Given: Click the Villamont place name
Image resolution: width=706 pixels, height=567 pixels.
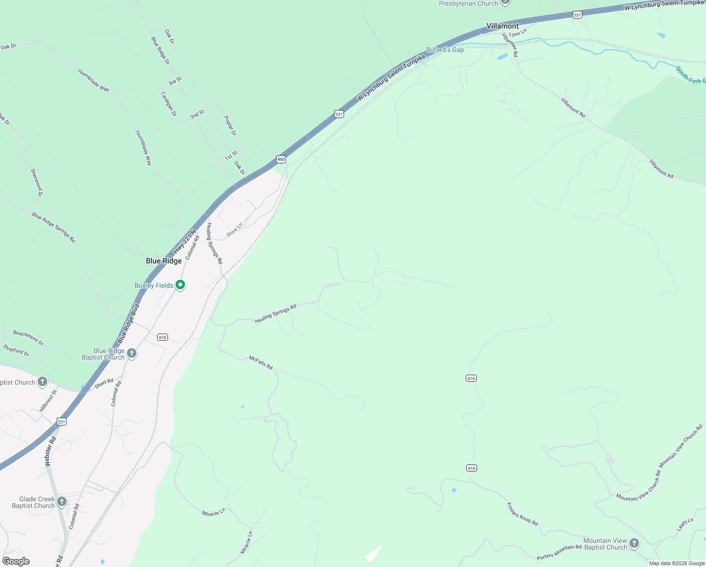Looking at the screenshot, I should [x=503, y=26].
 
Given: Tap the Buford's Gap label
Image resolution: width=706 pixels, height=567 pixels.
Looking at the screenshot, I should [x=445, y=50].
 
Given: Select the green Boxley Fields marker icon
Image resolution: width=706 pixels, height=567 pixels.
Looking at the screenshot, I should [x=180, y=285].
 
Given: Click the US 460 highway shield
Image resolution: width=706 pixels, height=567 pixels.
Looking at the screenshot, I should [x=281, y=159].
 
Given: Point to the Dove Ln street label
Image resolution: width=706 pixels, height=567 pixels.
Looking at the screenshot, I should [x=234, y=230].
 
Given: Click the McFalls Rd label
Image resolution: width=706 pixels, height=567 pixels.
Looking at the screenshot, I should [x=261, y=363].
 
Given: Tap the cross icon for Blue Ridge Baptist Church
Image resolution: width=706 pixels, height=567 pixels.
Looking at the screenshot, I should [x=132, y=353].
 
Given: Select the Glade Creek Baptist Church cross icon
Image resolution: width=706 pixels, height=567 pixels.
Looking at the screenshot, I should [x=62, y=501].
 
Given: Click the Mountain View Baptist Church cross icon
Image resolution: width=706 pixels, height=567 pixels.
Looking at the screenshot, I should [x=634, y=543].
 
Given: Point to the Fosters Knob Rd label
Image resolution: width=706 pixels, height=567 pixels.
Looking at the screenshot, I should [x=522, y=514].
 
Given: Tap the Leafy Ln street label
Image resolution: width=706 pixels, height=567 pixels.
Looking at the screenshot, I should [x=685, y=524].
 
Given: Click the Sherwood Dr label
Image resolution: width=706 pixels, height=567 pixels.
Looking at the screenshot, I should [x=36, y=182].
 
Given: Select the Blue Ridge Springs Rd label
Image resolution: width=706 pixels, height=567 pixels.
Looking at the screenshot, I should [x=54, y=227].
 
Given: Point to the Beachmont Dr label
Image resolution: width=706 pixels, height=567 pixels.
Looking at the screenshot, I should [x=28, y=337].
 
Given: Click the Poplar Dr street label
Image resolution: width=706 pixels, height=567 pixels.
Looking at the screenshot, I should [x=230, y=126].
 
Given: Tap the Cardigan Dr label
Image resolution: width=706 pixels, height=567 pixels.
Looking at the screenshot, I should [x=168, y=104].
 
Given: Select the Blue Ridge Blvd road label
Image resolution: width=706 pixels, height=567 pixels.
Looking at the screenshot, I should [x=129, y=324].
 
